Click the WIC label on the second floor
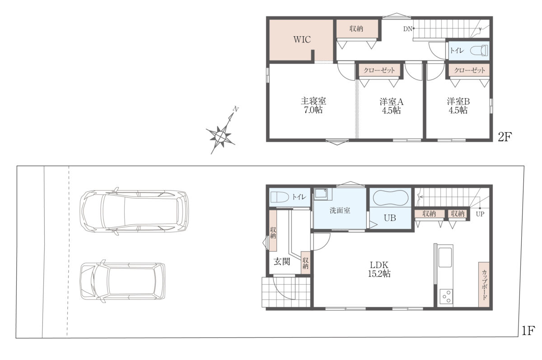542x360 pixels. (x=302, y=39)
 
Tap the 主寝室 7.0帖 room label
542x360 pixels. (x=313, y=106)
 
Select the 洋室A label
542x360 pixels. (x=391, y=102)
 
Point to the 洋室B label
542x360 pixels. (x=458, y=102)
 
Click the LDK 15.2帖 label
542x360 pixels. (x=379, y=269)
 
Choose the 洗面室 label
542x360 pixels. (x=340, y=210)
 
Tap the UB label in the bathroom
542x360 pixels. (x=390, y=218)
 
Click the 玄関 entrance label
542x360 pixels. (x=282, y=262)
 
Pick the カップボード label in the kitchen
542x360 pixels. (x=484, y=285)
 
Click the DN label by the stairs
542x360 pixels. (x=407, y=29)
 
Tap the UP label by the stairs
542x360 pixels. (x=480, y=214)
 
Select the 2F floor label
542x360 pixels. (x=505, y=137)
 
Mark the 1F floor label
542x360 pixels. (x=528, y=331)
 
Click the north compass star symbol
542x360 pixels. (x=220, y=137)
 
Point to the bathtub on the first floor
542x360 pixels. (x=391, y=198)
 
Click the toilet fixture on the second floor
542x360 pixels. (x=479, y=51)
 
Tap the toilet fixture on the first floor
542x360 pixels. (x=280, y=197)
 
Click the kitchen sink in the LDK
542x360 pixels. (x=445, y=257)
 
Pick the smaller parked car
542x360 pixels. (x=123, y=281)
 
